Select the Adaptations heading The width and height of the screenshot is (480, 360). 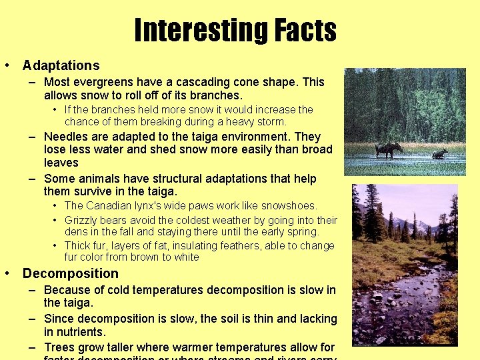coord(61,65)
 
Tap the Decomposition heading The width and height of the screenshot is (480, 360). coord(70,273)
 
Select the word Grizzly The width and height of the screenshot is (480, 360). coord(83,220)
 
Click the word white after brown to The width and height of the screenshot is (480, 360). coord(186,257)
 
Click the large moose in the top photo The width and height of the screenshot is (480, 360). coord(388,149)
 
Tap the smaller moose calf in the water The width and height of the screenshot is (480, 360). coord(439,153)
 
